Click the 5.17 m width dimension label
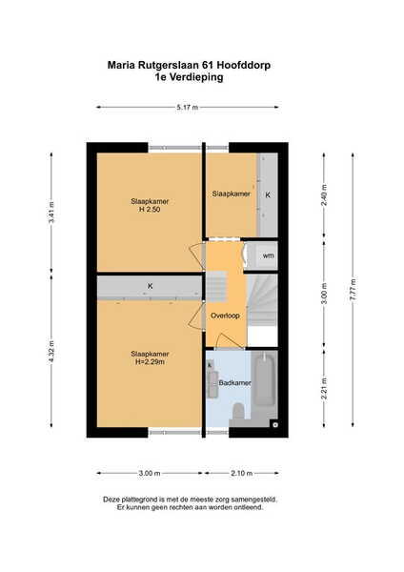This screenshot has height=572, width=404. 188,107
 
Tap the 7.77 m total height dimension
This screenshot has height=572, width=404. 353,290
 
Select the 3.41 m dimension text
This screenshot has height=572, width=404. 51,212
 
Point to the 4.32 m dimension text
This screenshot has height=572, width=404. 51,351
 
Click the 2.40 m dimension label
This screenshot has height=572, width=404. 324,195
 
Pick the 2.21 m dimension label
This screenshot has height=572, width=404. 324,389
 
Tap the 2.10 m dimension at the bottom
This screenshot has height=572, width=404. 242,474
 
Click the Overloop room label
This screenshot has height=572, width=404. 225,316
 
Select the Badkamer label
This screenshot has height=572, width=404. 234,383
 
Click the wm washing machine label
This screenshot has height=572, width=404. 268,255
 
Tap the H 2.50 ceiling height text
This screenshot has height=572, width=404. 150,210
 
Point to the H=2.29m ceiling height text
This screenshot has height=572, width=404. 150,362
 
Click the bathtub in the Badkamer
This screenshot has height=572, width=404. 264,378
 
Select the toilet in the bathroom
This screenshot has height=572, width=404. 239,411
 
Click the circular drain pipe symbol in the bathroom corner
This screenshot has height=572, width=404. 275,424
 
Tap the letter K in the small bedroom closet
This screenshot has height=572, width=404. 268,195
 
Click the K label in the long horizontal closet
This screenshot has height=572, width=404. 150,286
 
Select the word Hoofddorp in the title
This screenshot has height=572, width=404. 244,65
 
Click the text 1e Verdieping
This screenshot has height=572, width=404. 189,77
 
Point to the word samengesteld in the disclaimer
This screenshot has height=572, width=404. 258,500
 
